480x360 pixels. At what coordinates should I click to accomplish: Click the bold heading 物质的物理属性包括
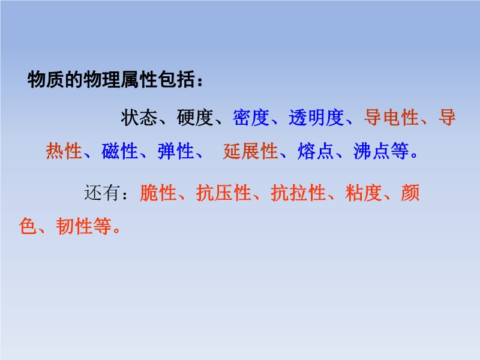coord(111,80)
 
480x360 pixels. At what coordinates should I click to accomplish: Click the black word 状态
coord(139,118)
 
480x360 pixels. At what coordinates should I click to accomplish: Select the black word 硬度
coord(195,118)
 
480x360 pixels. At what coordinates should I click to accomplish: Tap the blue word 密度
coord(251,118)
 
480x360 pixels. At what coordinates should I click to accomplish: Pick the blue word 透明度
coord(316,118)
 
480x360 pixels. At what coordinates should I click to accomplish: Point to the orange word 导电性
coord(391,118)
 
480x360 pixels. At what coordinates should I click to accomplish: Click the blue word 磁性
coord(119,151)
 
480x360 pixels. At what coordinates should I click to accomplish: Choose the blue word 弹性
coord(176,151)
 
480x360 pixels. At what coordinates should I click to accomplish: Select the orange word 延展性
coord(250,151)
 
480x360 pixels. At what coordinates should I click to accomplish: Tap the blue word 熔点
coord(316,151)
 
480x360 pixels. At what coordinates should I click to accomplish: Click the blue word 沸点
coord(371,151)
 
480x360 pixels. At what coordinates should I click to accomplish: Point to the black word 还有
coord(102,193)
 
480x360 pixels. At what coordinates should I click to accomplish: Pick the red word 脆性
coord(158,193)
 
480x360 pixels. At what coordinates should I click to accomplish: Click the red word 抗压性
coord(223,193)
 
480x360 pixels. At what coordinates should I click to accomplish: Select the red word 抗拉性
coord(298,193)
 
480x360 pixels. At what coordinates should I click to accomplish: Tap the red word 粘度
coord(364,193)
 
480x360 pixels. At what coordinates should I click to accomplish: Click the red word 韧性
coord(74,226)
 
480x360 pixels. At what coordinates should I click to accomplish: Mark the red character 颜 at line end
coord(410,193)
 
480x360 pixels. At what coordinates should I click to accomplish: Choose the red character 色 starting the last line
coord(28,226)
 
